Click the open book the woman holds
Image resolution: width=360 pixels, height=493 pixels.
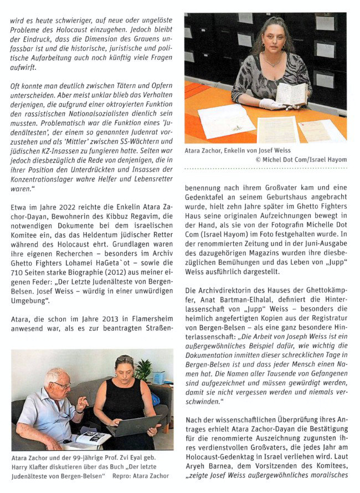tap(291, 94)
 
